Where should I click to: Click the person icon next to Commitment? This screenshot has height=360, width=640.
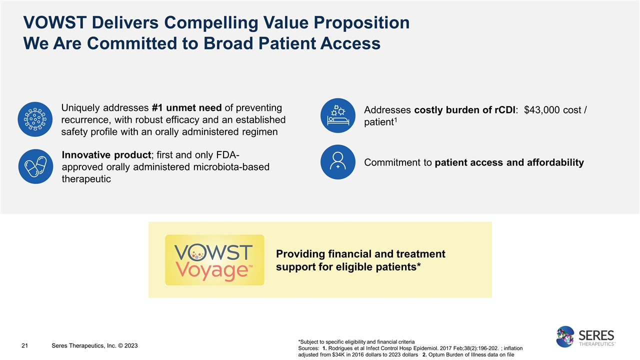point(337,161)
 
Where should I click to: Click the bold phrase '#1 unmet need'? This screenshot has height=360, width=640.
point(186,108)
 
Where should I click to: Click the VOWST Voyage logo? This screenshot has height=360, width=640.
point(214,260)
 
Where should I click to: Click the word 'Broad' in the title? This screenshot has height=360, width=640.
point(237,43)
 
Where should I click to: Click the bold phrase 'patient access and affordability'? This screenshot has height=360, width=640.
point(509,162)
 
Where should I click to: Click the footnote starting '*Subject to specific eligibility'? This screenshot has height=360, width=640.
point(355,341)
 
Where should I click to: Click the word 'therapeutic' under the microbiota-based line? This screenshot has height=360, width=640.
point(86,179)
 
